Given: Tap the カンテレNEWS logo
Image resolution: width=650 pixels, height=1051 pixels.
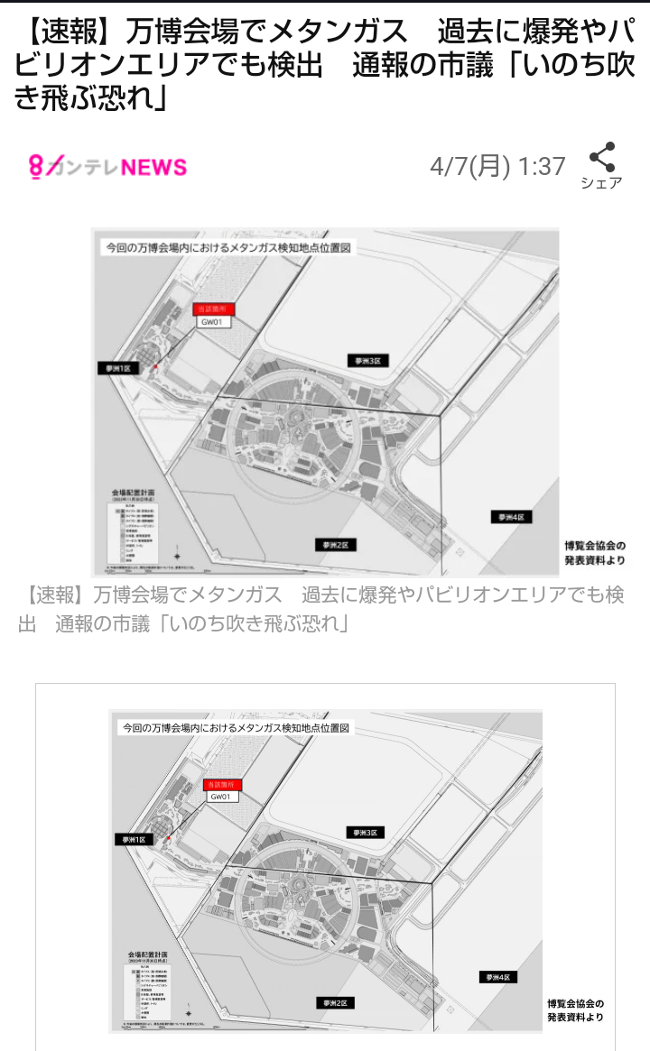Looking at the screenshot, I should click(107, 167).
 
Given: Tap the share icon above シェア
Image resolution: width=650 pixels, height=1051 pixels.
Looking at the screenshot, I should click(601, 158).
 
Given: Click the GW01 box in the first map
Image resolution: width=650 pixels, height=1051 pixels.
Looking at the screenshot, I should click(217, 322).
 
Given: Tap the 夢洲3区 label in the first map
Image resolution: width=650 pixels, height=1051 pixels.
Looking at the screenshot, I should click(367, 360).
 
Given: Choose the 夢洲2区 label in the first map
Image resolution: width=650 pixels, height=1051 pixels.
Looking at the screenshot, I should click(336, 545).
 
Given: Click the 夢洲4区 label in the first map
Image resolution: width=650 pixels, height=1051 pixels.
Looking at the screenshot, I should click(512, 517).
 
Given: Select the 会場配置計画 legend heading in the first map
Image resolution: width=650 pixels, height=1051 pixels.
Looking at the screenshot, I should click(135, 495).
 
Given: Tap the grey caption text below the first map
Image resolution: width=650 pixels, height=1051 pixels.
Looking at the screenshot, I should click(320, 609).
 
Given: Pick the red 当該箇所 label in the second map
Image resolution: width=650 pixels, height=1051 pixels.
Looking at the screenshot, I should click(222, 784).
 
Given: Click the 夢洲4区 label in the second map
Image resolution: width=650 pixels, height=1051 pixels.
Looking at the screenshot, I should click(499, 977).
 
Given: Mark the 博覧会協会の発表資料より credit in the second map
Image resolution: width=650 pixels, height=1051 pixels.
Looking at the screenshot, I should click(575, 1010).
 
